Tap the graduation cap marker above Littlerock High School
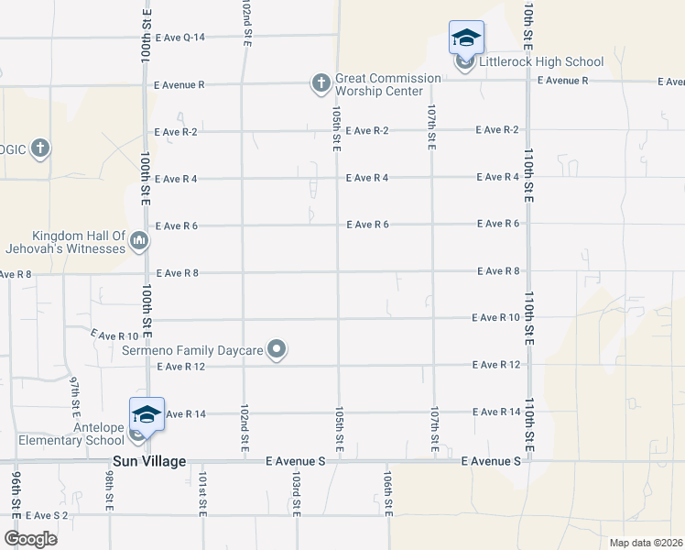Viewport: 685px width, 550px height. [x=466, y=38]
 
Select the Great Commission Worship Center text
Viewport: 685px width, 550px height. [x=379, y=84]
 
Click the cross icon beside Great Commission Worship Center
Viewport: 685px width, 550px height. [x=321, y=84]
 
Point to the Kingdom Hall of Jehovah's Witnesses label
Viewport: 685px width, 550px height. [x=78, y=242]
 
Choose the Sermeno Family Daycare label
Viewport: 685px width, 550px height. [x=193, y=350]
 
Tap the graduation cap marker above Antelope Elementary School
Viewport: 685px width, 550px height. [x=147, y=414]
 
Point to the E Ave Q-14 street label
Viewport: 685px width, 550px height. [x=180, y=38]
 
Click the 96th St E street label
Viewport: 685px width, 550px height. [x=16, y=495]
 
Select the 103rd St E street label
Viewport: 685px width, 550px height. [x=297, y=496]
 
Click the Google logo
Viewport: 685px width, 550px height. [x=30, y=538]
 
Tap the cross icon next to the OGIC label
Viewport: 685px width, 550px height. [x=39, y=148]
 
